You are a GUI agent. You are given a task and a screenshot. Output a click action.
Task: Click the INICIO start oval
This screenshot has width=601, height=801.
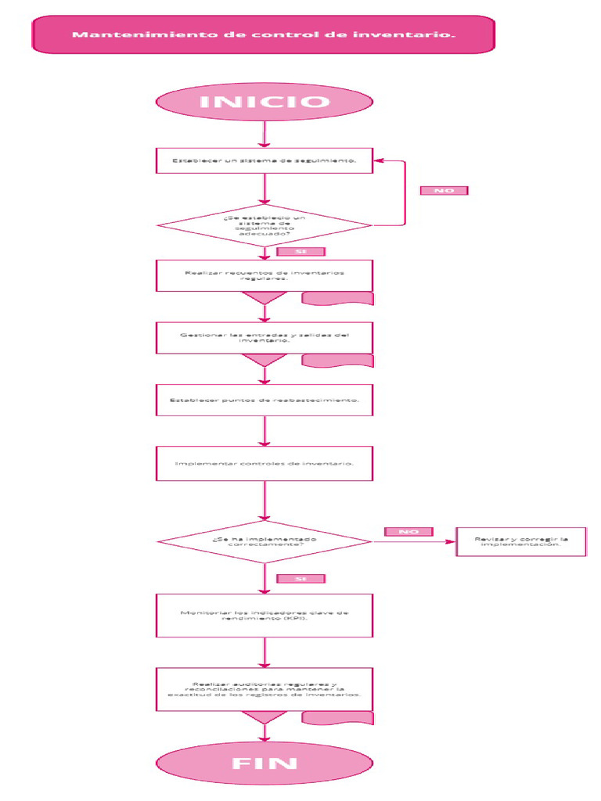[x=265, y=102]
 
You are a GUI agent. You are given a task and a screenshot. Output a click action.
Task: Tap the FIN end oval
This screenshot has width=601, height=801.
[x=265, y=763]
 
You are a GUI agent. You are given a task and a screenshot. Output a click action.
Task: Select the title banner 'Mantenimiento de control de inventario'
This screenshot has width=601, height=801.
[x=264, y=34]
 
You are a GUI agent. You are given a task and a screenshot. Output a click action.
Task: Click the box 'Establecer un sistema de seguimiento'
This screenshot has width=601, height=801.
[x=265, y=161]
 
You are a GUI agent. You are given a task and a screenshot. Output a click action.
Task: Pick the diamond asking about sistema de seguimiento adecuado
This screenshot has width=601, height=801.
[x=265, y=225]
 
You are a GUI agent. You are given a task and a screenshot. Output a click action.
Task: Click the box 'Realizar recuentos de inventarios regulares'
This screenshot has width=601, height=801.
[x=265, y=275]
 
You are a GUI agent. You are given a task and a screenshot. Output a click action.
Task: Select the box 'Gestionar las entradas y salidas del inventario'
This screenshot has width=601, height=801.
[x=265, y=337]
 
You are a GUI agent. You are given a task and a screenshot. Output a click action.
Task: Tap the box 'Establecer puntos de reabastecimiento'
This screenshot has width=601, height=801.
[x=265, y=400]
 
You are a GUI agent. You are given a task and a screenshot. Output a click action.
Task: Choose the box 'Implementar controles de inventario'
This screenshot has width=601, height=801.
[x=265, y=463]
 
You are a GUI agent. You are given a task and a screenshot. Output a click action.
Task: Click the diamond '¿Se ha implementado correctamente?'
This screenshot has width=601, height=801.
[x=265, y=541]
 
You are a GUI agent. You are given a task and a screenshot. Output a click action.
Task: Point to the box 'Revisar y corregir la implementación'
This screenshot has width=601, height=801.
[x=521, y=541]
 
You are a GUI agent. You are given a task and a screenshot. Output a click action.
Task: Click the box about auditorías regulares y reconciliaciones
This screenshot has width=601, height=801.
[x=265, y=688]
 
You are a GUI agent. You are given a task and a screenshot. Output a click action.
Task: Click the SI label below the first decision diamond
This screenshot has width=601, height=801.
[x=300, y=252]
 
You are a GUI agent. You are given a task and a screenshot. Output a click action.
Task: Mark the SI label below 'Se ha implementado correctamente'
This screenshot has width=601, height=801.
[x=300, y=579]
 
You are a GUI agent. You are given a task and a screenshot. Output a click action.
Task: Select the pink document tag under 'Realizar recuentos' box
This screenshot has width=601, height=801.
[x=337, y=298]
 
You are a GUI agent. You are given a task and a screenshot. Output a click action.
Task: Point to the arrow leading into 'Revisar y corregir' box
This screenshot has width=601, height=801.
[x=415, y=541]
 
